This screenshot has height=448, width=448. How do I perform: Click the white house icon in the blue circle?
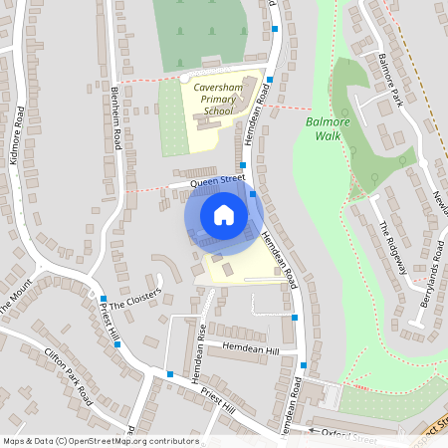pyautogui.click(x=224, y=215)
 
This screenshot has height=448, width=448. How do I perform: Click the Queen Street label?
pyautogui.click(x=218, y=180)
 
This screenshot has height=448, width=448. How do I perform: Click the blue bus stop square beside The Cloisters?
pyautogui.click(x=103, y=299)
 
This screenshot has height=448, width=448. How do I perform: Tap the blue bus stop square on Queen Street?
pyautogui.click(x=243, y=165)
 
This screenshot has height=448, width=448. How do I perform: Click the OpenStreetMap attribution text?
pyautogui.click(x=100, y=441)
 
